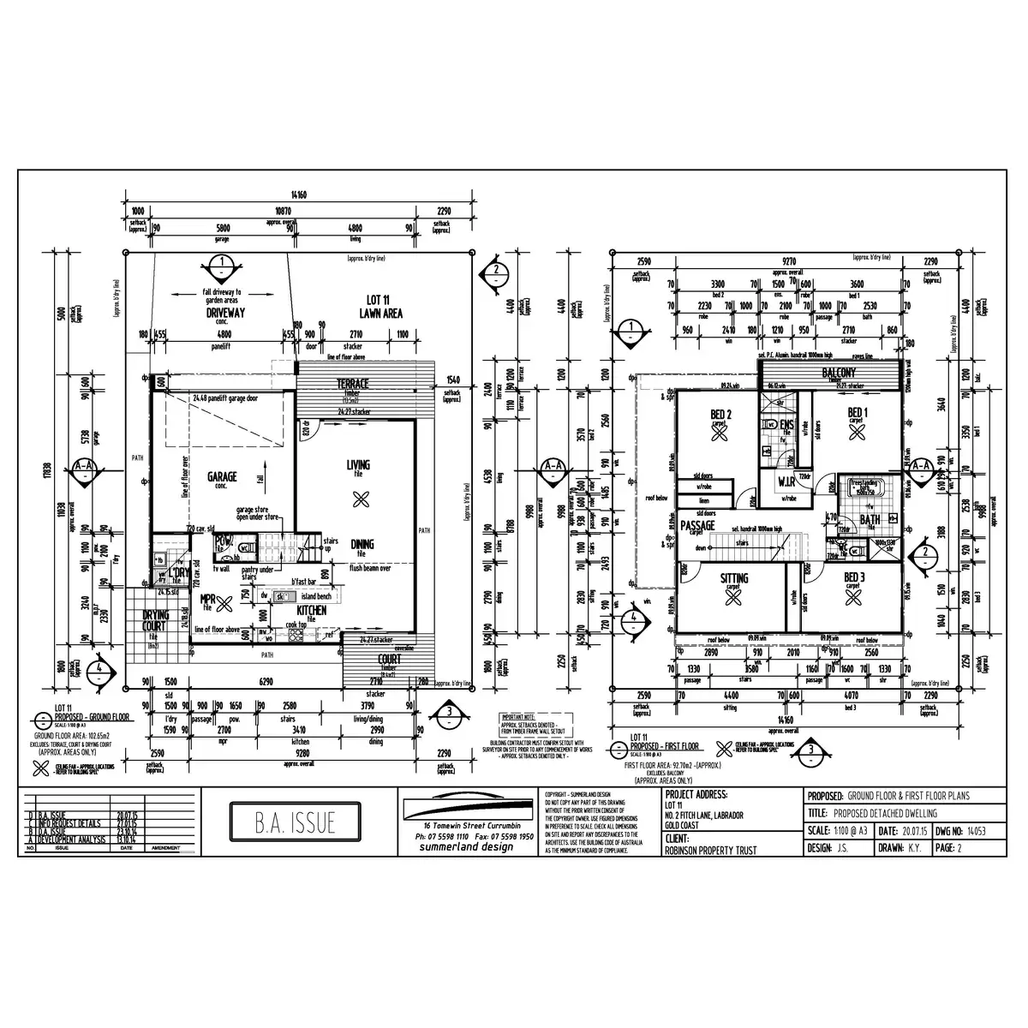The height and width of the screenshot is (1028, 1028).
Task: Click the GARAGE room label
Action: pyautogui.click(x=222, y=476)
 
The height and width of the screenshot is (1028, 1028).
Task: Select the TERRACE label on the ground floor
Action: pyautogui.click(x=352, y=383)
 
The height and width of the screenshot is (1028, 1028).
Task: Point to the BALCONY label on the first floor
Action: pyautogui.click(x=839, y=373)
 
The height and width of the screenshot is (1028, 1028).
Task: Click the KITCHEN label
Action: pyautogui.click(x=312, y=611)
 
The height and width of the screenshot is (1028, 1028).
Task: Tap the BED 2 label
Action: pyautogui.click(x=720, y=415)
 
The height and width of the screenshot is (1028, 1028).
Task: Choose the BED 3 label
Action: pyautogui.click(x=853, y=578)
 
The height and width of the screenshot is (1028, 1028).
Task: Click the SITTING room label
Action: pyautogui.click(x=734, y=579)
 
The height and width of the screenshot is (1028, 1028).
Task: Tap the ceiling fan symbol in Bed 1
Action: pyautogui.click(x=854, y=434)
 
